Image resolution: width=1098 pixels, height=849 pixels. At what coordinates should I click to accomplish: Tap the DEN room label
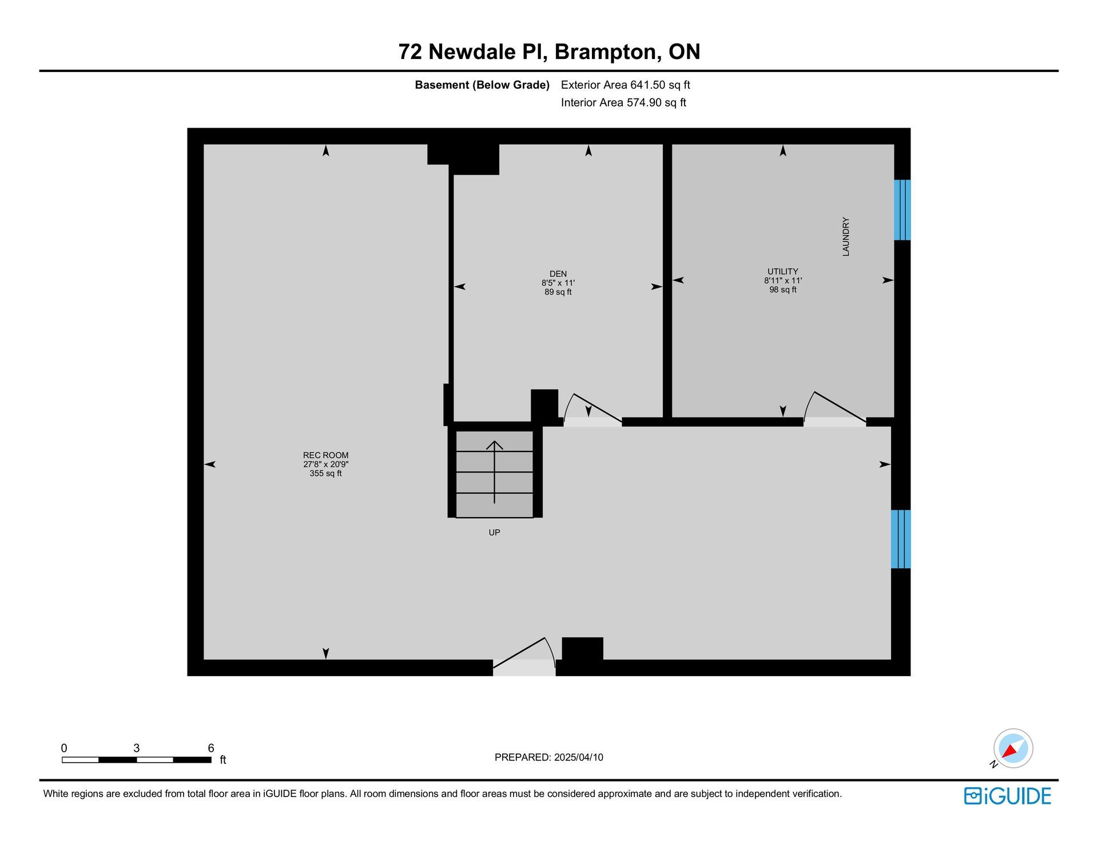coord(558,274)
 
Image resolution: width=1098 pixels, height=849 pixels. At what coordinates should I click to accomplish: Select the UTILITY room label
coord(783,272)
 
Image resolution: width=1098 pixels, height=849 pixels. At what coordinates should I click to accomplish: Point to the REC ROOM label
coord(325,455)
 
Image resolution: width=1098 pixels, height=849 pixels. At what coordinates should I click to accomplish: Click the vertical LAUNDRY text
coord(846,236)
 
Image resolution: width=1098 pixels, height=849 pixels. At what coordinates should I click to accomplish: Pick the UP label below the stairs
coord(495,533)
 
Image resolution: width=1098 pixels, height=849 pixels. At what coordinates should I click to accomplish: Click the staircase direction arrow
coord(495,472)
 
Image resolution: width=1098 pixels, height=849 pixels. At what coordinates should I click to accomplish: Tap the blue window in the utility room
coord(902,210)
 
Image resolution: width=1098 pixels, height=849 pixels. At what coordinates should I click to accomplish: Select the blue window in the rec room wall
coord(901,539)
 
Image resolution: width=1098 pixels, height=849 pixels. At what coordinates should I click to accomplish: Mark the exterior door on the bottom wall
coord(524,657)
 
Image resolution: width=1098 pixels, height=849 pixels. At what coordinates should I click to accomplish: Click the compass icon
coord(1013,748)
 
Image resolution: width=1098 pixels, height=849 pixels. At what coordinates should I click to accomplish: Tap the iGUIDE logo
coord(1008,796)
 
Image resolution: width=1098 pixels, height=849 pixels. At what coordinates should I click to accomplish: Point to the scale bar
coord(137,760)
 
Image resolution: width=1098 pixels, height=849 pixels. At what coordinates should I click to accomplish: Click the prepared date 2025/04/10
coord(579,757)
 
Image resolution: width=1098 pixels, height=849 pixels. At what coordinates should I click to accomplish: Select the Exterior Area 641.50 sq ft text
coord(626,85)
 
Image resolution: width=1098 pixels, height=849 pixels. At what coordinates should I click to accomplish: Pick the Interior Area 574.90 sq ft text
coord(623,103)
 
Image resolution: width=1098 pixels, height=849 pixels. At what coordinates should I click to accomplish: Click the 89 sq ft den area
coord(558,292)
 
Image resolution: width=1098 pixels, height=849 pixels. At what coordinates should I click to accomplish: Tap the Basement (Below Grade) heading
coord(482,85)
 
